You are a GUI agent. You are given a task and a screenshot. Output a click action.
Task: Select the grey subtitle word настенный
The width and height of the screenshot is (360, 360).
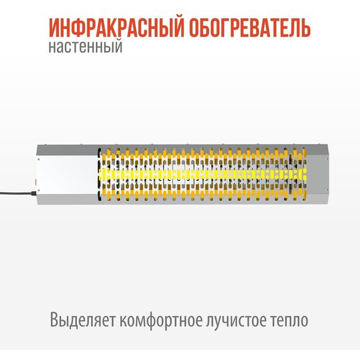[85, 46]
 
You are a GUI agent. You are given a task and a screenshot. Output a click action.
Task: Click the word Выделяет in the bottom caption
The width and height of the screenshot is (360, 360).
[82, 320]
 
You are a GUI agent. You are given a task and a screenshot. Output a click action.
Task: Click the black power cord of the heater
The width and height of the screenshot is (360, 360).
[16, 193]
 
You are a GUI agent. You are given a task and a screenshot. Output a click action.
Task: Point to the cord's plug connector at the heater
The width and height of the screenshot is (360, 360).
[33, 193]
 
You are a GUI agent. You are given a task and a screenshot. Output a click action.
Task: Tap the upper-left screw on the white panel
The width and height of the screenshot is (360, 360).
[39, 159]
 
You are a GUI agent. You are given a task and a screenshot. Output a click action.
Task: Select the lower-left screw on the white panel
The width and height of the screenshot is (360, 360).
[39, 190]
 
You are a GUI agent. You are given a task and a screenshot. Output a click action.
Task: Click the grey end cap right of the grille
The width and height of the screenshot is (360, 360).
[318, 174]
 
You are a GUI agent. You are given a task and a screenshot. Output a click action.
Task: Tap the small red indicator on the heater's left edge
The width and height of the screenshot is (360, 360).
[36, 182]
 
